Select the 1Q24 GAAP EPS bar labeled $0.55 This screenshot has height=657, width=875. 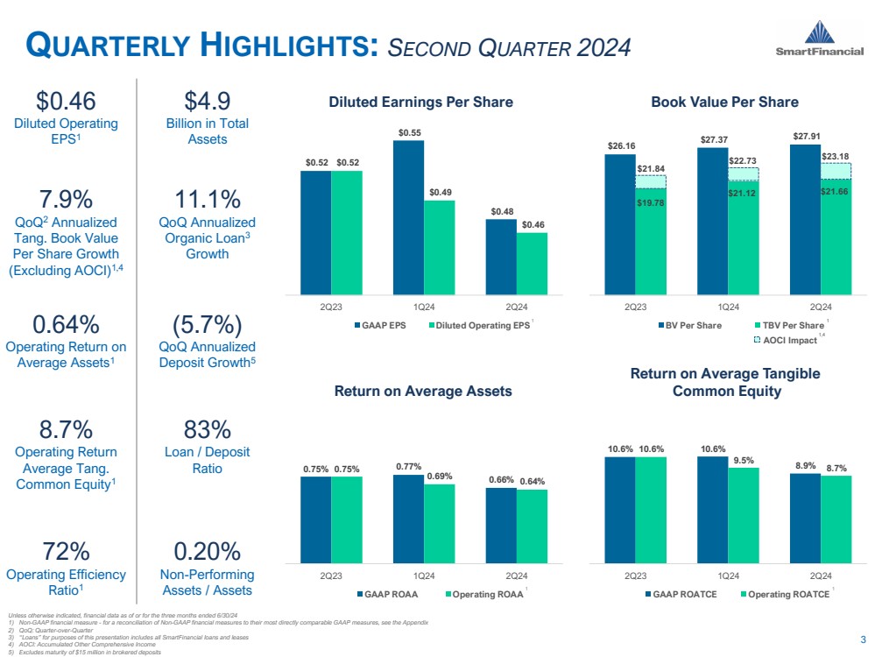pyautogui.click(x=408, y=216)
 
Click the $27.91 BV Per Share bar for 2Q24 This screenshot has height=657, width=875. pyautogui.click(x=805, y=219)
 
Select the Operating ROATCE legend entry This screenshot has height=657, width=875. pyautogui.click(x=785, y=594)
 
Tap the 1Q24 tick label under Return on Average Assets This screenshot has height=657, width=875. pyautogui.click(x=424, y=576)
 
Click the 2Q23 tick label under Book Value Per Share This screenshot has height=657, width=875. pyautogui.click(x=635, y=307)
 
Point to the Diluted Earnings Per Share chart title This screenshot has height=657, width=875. pyautogui.click(x=420, y=102)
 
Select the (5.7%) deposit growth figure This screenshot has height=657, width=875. pyautogui.click(x=208, y=324)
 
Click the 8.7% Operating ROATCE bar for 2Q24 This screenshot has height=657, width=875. pyautogui.click(x=836, y=518)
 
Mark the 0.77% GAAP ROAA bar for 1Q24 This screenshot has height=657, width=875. pyautogui.click(x=408, y=519)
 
